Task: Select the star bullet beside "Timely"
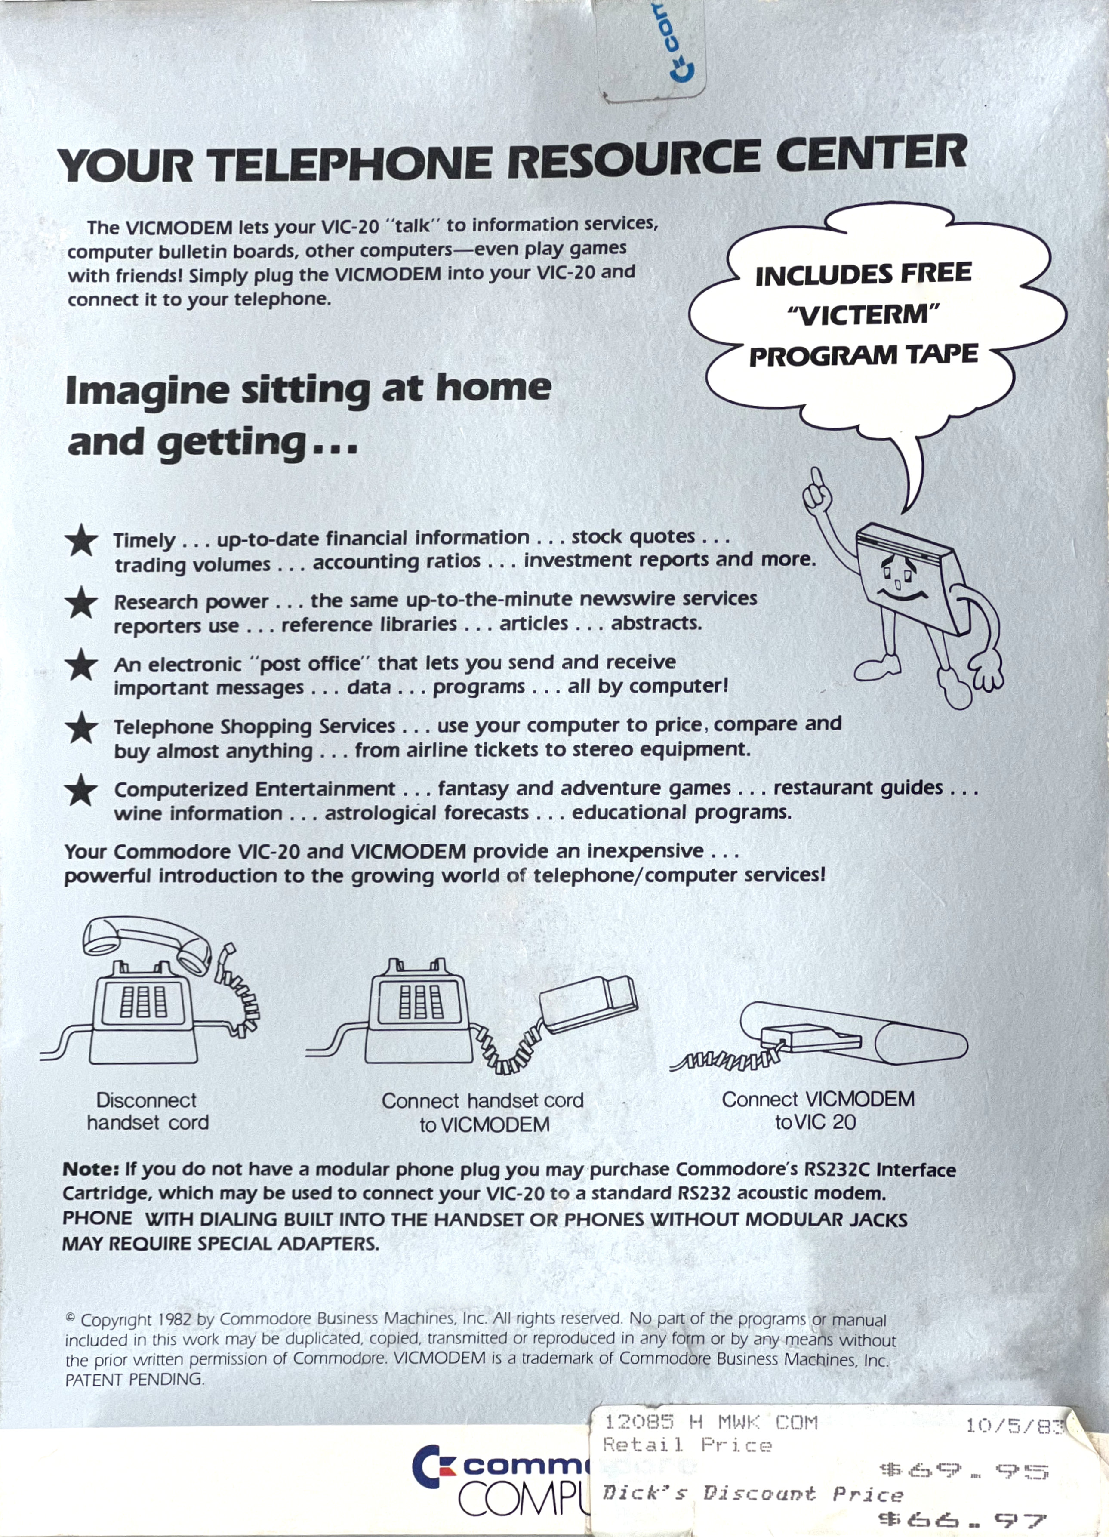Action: pyautogui.click(x=81, y=541)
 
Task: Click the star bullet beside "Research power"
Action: pyautogui.click(x=81, y=603)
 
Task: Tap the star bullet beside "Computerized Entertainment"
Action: pyautogui.click(x=81, y=790)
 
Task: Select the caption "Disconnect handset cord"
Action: pyautogui.click(x=147, y=1112)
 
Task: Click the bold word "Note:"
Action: pyautogui.click(x=91, y=1170)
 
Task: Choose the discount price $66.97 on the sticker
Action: pyautogui.click(x=961, y=1520)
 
